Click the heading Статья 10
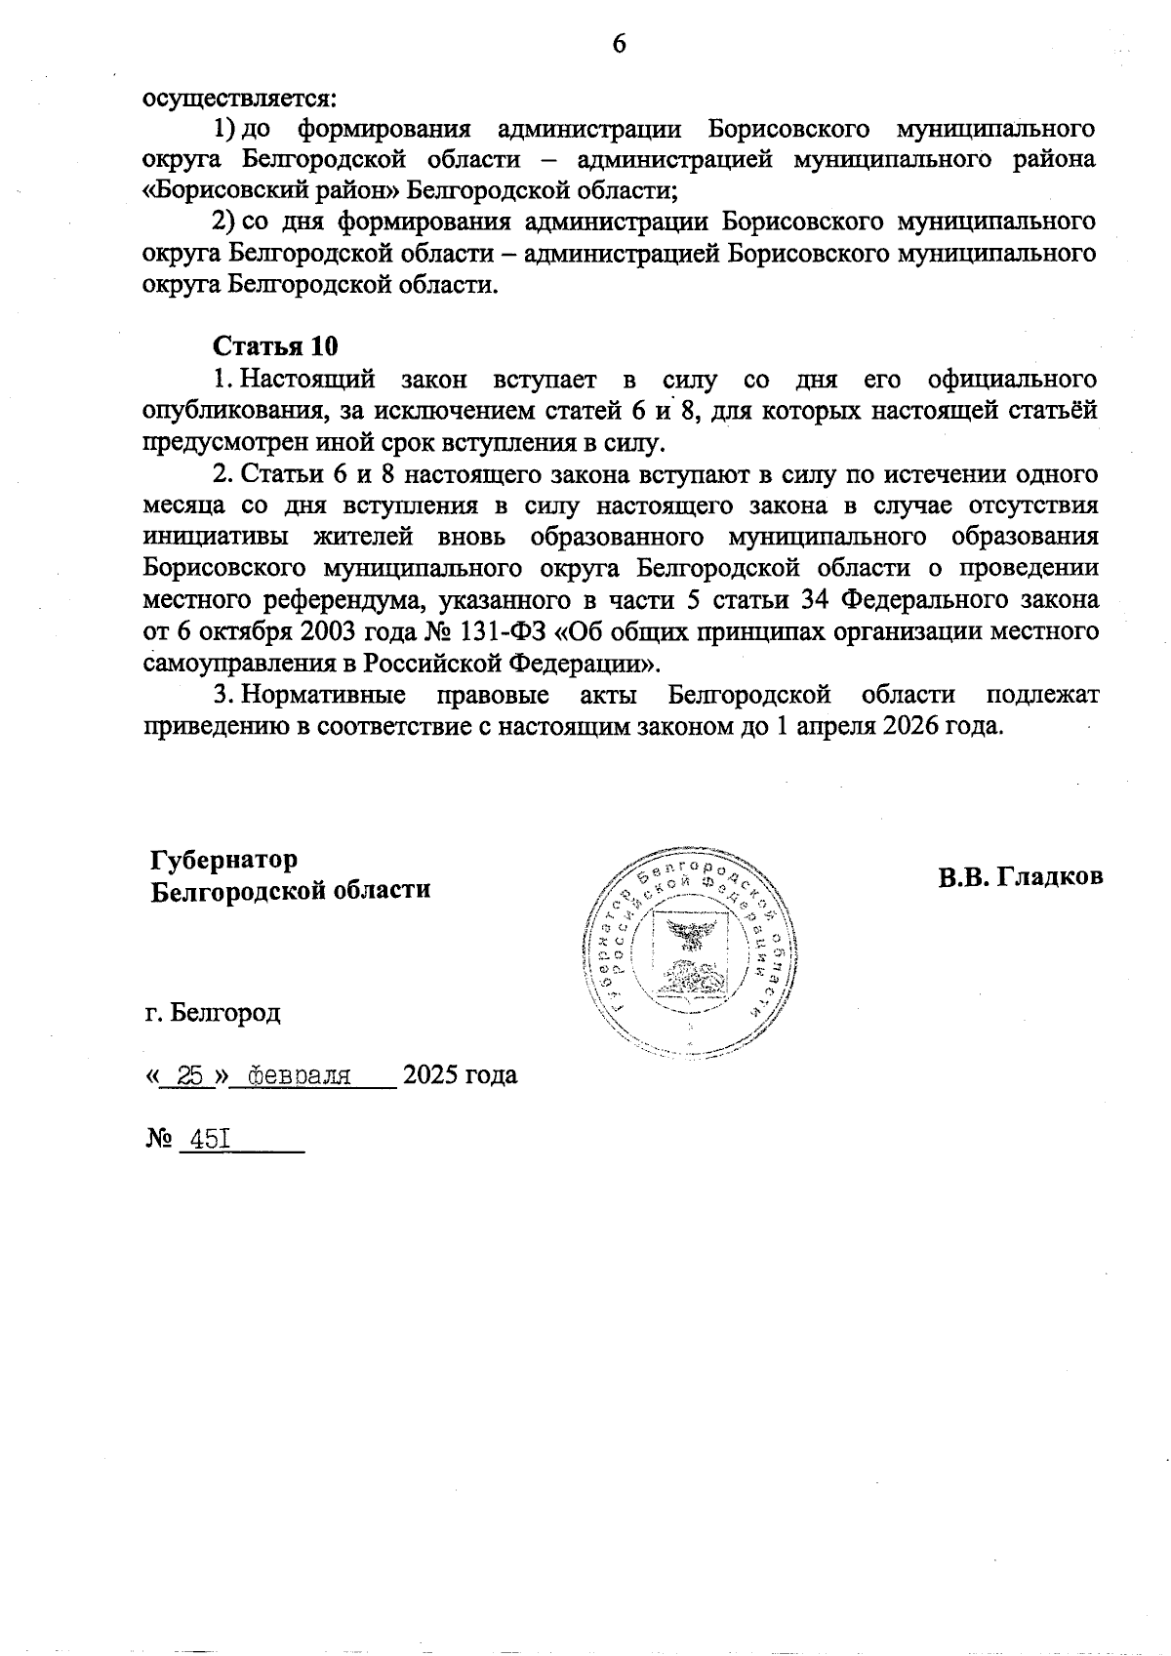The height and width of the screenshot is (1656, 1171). pos(275,346)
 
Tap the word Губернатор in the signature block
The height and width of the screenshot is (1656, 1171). pos(223,860)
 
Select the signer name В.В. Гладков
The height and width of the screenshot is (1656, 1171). pos(1021,876)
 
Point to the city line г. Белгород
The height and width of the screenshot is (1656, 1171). pos(212,1012)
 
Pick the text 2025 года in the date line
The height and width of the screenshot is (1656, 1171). pos(460,1075)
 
